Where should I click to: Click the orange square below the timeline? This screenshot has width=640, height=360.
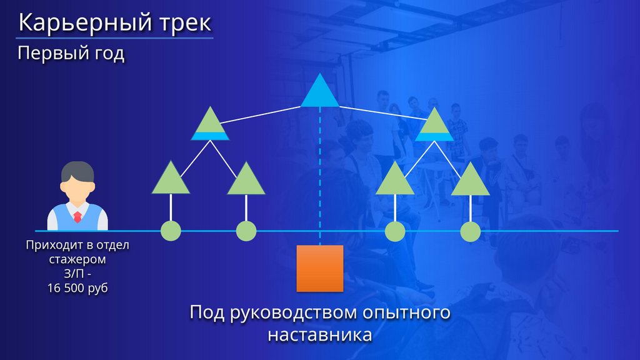320,268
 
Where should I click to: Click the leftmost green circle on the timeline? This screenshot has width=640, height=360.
171,231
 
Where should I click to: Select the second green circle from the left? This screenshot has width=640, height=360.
246,231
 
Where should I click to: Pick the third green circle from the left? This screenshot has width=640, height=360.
395,231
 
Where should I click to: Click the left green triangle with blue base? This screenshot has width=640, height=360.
209,125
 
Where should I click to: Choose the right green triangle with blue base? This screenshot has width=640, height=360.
433,125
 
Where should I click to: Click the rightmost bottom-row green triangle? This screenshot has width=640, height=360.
470,181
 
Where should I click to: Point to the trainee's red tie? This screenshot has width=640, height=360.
77,217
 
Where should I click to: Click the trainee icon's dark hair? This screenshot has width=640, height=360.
77,170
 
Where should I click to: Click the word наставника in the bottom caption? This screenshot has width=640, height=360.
320,334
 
